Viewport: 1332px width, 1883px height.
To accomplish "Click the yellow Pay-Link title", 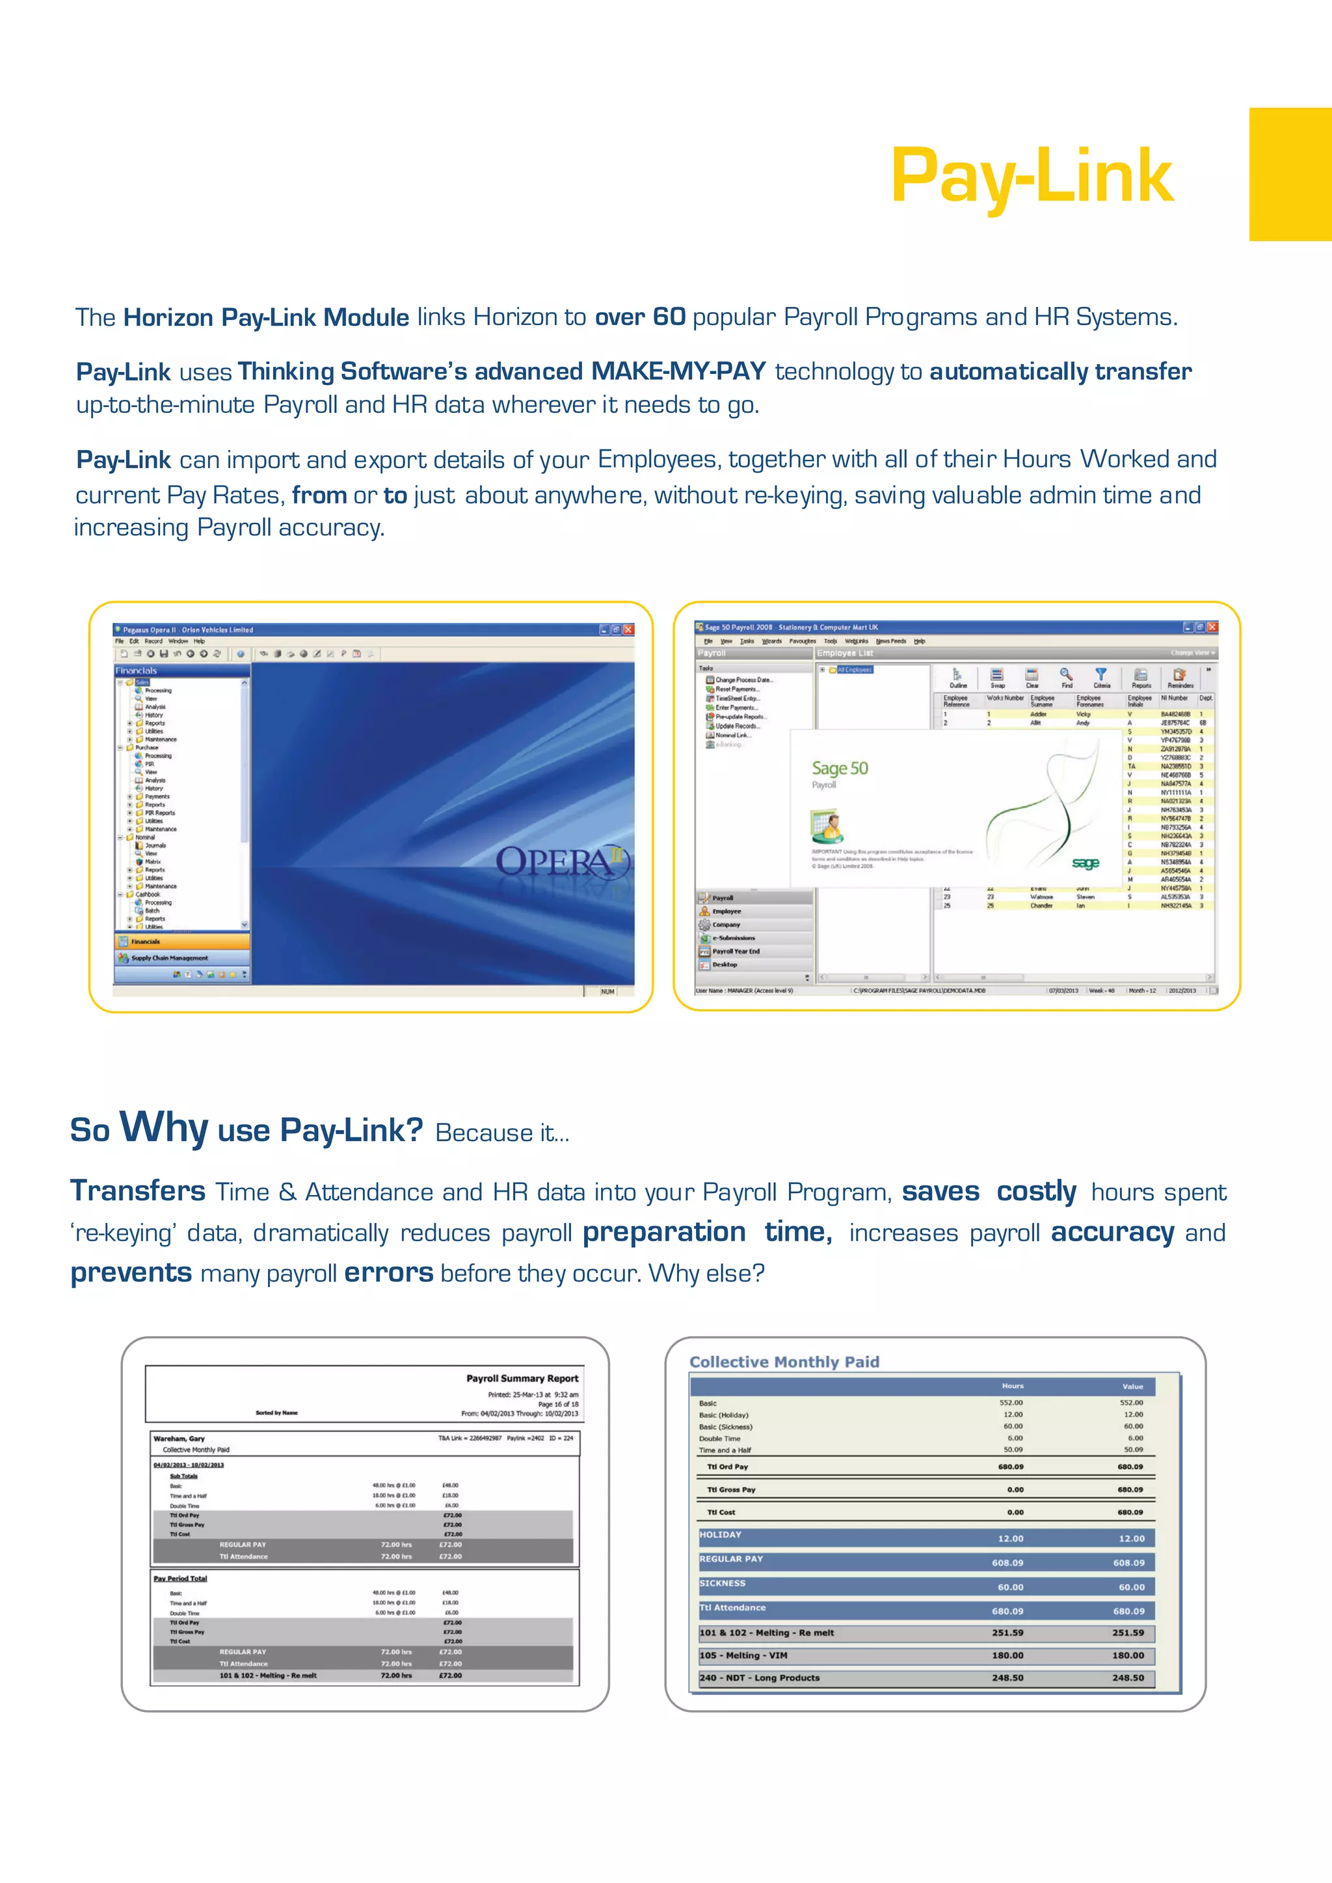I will point(1031,176).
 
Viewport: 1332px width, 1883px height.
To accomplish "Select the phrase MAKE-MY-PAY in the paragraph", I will point(678,371).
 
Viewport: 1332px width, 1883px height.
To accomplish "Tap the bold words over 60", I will point(640,317).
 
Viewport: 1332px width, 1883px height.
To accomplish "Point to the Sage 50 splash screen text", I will point(839,769).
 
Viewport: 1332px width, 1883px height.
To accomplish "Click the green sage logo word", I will point(1084,863).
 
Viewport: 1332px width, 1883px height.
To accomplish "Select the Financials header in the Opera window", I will point(136,670).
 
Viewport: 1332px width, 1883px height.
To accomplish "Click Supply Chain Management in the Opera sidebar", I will point(169,958).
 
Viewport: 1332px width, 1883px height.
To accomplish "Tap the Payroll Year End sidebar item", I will point(735,951).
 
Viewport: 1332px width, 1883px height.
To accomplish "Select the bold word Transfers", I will point(138,1191).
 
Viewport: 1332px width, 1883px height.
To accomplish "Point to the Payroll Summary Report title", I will point(522,1378).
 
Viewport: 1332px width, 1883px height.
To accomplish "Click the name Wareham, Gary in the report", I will point(179,1438).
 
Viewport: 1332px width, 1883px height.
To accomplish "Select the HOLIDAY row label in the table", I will point(720,1534).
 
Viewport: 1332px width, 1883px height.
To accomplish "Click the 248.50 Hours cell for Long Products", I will point(1007,1678).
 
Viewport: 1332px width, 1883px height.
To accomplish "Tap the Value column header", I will point(1132,1386).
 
